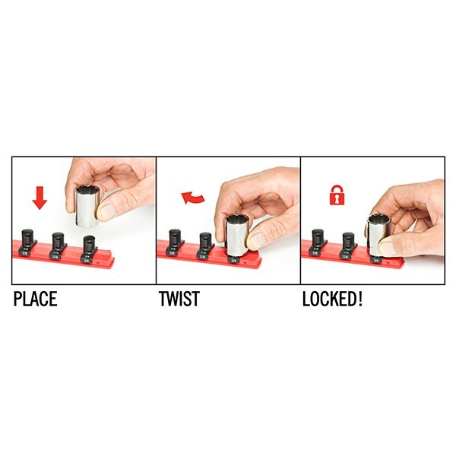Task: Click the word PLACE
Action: pos(35,299)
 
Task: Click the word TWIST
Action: pos(179,299)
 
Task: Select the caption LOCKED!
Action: pos(332,299)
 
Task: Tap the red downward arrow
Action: pos(40,198)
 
